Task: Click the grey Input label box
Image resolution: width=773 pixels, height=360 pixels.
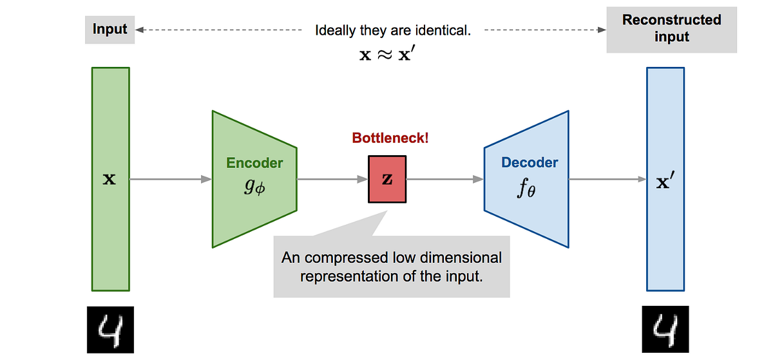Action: [110, 30]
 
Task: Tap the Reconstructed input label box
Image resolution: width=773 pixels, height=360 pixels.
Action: [671, 29]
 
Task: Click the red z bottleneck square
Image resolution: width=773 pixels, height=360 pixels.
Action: [387, 180]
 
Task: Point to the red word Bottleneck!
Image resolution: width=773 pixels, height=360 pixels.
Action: [390, 138]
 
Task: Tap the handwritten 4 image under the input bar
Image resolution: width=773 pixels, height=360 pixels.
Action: [110, 329]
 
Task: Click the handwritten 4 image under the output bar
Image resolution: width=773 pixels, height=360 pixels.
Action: [665, 329]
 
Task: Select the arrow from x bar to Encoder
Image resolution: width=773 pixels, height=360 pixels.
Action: [171, 180]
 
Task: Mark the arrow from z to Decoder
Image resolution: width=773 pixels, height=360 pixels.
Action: [445, 180]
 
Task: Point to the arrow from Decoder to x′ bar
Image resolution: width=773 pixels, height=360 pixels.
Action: [608, 180]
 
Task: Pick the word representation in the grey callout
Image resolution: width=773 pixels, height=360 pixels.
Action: [343, 278]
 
